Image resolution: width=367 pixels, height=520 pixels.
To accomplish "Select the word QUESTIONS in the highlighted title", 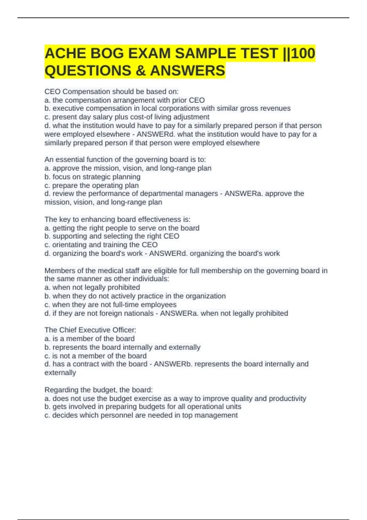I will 88,71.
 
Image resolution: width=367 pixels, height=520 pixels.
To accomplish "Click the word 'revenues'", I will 276,108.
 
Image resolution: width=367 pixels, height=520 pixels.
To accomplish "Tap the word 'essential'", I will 70,159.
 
